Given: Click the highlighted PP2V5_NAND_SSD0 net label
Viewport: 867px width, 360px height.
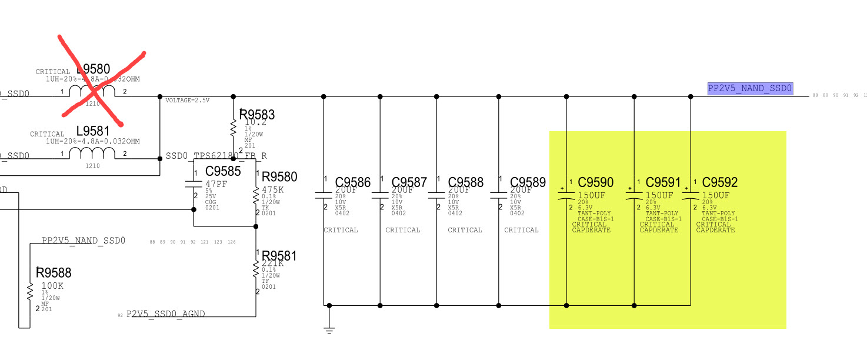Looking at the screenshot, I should (x=751, y=89).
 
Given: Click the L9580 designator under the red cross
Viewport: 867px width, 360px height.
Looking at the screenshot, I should (x=94, y=69).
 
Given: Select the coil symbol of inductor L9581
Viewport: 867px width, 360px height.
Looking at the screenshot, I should (x=92, y=153).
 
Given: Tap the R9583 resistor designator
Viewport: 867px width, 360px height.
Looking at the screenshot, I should (x=257, y=114).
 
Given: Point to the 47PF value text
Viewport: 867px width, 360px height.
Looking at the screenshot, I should (x=216, y=184).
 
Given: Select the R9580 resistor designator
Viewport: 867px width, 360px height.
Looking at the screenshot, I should (x=279, y=177).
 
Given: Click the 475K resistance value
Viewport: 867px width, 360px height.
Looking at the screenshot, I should (x=273, y=189).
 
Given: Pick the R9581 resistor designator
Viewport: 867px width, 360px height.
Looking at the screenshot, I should (x=279, y=256).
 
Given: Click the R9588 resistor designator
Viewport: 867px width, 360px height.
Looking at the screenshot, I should (x=54, y=272).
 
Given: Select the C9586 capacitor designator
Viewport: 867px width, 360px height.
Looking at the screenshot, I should (x=353, y=182).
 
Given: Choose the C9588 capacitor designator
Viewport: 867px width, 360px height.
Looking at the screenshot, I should (x=466, y=182).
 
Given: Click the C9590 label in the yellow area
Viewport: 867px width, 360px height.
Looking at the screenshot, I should (x=596, y=182).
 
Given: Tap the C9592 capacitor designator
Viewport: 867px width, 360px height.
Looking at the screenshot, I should (x=720, y=182).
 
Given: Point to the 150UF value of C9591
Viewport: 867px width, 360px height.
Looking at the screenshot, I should (x=659, y=195).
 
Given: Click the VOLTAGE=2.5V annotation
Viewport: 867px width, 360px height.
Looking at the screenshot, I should (x=188, y=101).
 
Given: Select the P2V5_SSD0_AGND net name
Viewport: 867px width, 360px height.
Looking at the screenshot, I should (x=166, y=314).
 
